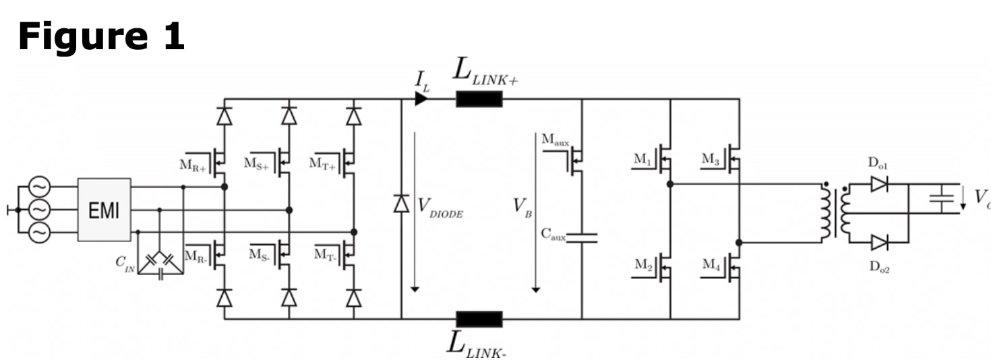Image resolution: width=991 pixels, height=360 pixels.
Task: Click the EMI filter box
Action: [104, 210]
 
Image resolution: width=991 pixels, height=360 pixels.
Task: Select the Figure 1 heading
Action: [100, 36]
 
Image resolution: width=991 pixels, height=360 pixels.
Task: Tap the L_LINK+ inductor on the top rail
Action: [479, 99]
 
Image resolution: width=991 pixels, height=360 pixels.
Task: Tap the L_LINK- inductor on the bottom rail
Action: [479, 319]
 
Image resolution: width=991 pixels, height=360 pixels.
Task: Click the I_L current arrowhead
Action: [421, 99]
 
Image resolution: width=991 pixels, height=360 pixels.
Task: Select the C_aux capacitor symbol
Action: [581, 236]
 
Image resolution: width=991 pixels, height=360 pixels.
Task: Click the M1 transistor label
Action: [642, 160]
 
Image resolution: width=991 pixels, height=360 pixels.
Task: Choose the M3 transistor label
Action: [711, 159]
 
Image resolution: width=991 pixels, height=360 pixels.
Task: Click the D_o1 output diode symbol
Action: [878, 183]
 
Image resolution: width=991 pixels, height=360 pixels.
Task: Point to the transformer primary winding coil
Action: [824, 212]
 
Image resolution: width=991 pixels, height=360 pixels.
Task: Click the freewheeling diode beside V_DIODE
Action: [401, 203]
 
